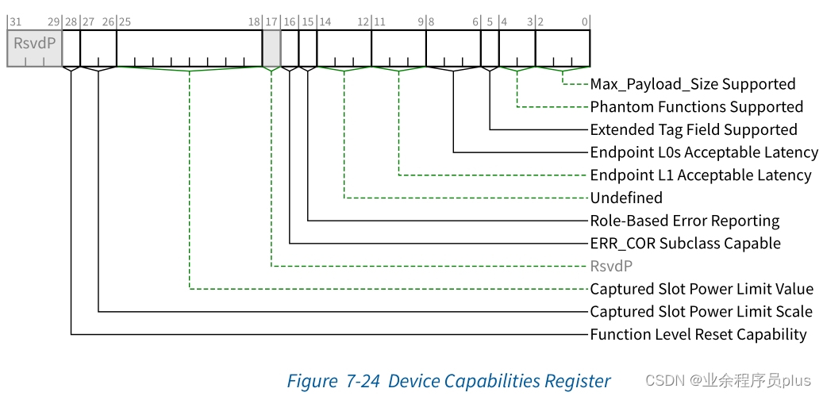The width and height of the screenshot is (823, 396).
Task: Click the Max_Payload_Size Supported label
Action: [x=692, y=84]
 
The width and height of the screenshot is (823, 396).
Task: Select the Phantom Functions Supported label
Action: [x=696, y=107]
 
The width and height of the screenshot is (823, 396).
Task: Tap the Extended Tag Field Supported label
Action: [x=693, y=129]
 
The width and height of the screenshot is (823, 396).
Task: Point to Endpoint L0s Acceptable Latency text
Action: [x=703, y=152]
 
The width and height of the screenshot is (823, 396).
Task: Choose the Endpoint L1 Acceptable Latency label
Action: [x=700, y=175]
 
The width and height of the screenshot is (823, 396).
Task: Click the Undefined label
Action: [x=625, y=198]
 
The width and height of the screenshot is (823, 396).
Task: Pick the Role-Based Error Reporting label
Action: [x=684, y=221]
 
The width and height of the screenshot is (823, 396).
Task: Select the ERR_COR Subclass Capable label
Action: [x=685, y=244]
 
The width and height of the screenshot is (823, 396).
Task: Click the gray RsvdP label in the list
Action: [x=610, y=266]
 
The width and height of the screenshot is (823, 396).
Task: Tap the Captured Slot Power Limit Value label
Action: [x=702, y=289]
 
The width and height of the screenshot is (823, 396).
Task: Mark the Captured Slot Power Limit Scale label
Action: [x=701, y=312]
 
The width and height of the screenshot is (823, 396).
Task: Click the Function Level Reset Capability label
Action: [x=698, y=335]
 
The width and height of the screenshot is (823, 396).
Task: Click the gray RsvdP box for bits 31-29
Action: [x=35, y=48]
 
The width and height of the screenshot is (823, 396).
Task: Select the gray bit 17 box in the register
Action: [x=271, y=48]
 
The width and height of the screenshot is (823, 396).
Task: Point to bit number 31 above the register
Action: [x=13, y=21]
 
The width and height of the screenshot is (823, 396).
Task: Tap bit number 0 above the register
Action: [x=585, y=21]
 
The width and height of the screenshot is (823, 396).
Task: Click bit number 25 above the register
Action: [x=125, y=21]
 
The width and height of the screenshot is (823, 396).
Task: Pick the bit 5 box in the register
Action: [x=490, y=48]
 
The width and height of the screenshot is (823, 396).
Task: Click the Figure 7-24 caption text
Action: [x=448, y=381]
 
